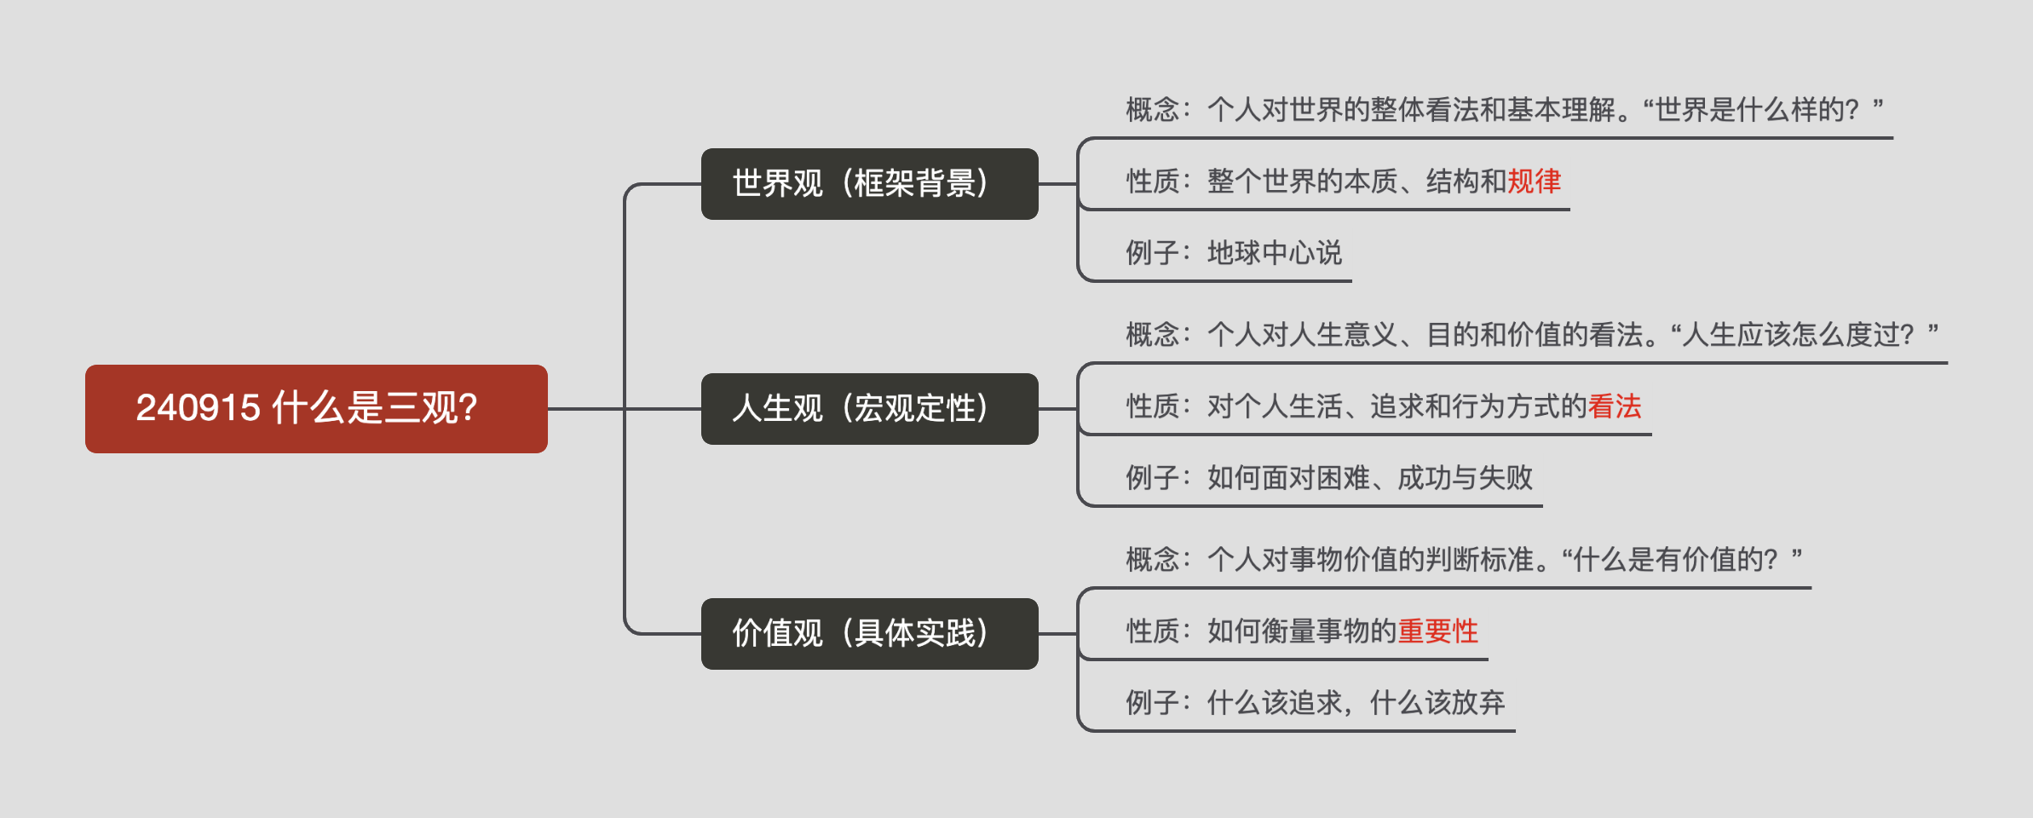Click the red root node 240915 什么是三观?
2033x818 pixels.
pos(316,409)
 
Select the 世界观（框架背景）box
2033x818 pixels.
pos(869,184)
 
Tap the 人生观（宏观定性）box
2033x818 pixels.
pos(869,409)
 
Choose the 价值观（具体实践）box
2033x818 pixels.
pos(869,634)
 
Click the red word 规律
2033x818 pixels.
pos(1534,181)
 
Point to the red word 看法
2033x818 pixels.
pos(1615,406)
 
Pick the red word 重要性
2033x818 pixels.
pos(1437,631)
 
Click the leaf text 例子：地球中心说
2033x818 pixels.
pos(1233,253)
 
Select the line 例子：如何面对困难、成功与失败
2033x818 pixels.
pos(1328,478)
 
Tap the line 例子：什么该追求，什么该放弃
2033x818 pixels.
pos(1315,703)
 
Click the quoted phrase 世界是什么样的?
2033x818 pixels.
pos(1755,110)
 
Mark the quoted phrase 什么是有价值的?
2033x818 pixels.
pos(1674,560)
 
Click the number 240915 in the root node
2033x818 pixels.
pos(198,408)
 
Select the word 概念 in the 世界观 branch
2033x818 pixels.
pos(1152,110)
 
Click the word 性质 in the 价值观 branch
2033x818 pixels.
pos(1152,631)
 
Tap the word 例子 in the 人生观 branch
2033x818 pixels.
pos(1152,478)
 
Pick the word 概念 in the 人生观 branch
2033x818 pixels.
pos(1152,335)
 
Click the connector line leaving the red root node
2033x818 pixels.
pos(586,409)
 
